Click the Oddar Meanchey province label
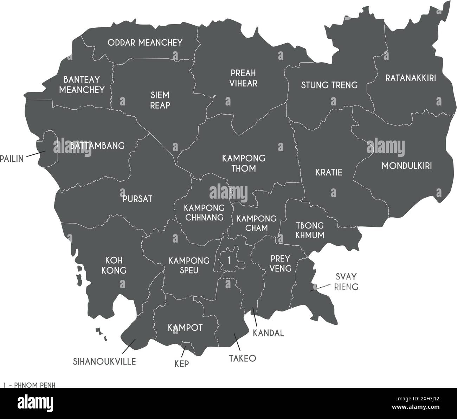145,43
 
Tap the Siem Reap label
160,100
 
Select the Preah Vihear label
243,78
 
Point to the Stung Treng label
329,85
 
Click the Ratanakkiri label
410,78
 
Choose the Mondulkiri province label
407,166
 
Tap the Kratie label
329,173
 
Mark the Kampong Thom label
244,163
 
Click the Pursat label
137,199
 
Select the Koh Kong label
116,265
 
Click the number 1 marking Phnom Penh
229,261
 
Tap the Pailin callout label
12,159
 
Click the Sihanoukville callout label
104,361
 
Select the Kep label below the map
181,364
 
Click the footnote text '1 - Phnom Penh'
30,385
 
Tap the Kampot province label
185,328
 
